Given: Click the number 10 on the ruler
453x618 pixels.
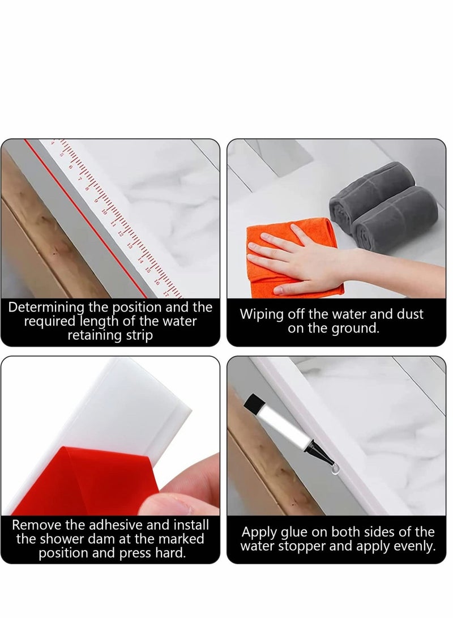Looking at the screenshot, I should [104, 211].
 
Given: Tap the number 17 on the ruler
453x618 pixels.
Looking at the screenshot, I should [166, 293].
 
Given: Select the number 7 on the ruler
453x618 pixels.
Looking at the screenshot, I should [79, 176].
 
